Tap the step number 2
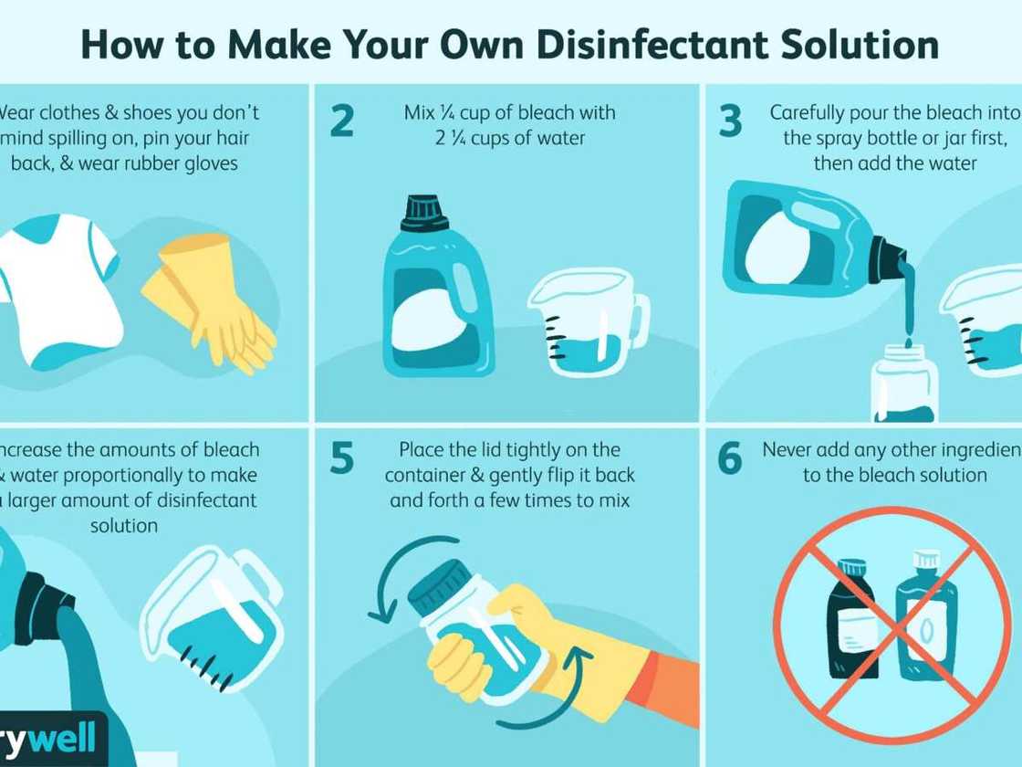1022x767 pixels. (341, 121)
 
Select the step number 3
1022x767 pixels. (730, 121)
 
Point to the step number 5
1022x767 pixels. (341, 459)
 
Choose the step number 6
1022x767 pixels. (730, 459)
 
